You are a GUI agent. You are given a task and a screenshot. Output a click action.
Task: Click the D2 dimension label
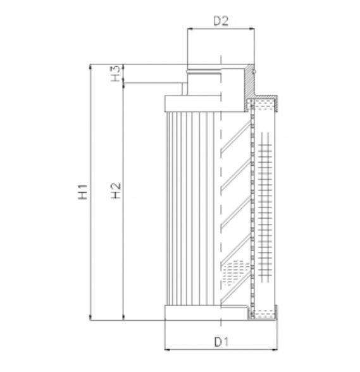point(220,22)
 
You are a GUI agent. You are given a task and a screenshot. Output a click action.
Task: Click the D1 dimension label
point(220,342)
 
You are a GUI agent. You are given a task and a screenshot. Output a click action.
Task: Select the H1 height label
point(82,192)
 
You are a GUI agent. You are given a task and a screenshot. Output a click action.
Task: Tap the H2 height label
point(115,192)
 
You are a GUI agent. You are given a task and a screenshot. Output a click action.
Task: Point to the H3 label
point(115,73)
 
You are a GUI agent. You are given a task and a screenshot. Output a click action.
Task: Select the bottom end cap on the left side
point(190,313)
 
